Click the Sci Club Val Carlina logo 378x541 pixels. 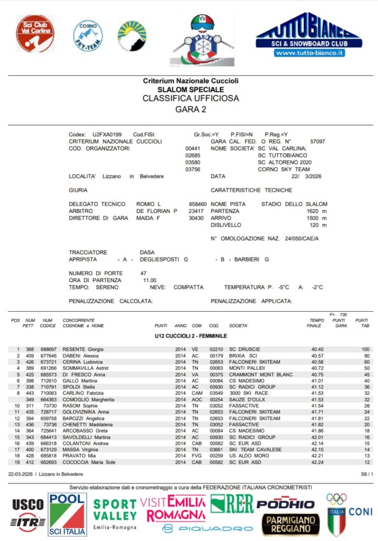click(x=35, y=33)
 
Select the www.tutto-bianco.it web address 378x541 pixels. click(x=309, y=53)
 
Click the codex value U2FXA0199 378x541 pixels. click(x=107, y=135)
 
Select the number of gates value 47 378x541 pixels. click(x=143, y=273)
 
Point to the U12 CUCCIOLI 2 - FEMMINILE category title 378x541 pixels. click(x=191, y=336)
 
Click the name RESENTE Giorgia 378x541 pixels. click(x=83, y=349)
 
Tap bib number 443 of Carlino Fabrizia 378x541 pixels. click(x=30, y=393)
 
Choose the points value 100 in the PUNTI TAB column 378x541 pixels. click(x=365, y=349)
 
